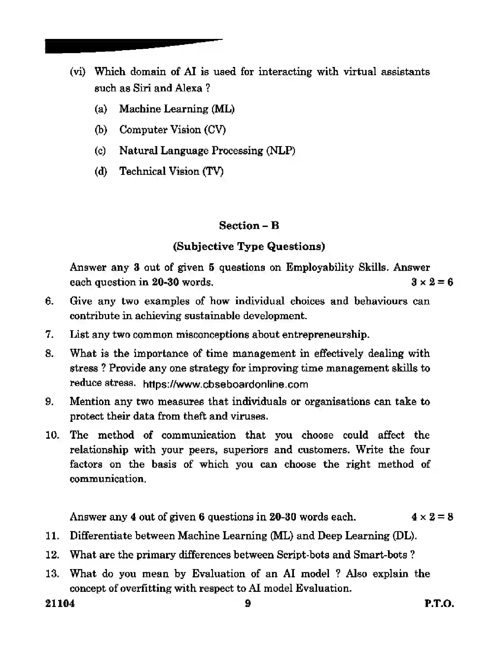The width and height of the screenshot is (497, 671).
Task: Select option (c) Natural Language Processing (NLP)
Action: [207, 151]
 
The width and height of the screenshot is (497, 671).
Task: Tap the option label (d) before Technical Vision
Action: [101, 172]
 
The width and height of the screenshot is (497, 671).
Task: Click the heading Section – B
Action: [249, 226]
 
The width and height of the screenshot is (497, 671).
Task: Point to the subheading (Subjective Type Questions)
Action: [249, 246]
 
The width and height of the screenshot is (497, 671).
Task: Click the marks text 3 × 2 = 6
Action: [432, 282]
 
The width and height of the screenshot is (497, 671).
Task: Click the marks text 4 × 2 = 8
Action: [432, 517]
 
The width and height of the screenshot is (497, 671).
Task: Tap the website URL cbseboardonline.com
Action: [226, 384]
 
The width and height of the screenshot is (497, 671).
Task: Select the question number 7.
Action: [49, 335]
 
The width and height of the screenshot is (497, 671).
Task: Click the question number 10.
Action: [52, 435]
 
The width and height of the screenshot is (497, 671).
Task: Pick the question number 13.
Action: [52, 574]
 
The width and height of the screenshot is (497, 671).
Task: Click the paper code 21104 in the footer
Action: [60, 604]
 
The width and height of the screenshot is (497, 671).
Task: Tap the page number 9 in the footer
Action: [248, 604]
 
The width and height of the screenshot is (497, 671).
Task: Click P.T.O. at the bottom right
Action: [439, 604]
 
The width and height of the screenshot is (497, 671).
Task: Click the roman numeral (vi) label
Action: [78, 72]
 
